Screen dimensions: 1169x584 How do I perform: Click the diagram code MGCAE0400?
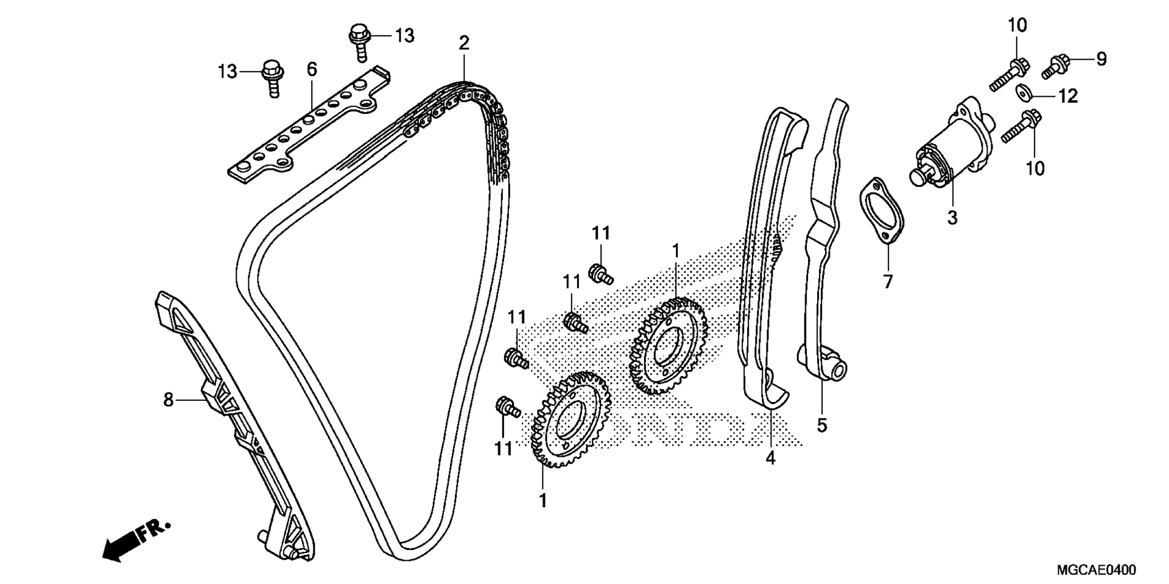pos(1096,570)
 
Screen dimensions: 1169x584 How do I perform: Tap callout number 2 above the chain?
pos(464,43)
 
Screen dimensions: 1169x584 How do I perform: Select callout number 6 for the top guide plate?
pos(312,69)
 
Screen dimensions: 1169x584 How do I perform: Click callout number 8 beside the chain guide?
pos(168,400)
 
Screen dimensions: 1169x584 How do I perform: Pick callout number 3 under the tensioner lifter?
pos(952,217)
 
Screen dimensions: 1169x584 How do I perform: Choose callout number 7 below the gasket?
pos(888,282)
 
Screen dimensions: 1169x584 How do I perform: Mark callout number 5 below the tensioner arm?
pos(822,426)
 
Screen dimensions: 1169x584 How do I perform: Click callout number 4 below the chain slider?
pos(771,458)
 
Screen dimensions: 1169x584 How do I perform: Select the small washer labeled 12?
pos(1024,93)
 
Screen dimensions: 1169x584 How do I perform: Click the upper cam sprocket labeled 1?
pos(669,345)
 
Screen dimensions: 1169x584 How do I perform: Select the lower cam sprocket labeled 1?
pos(571,420)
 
